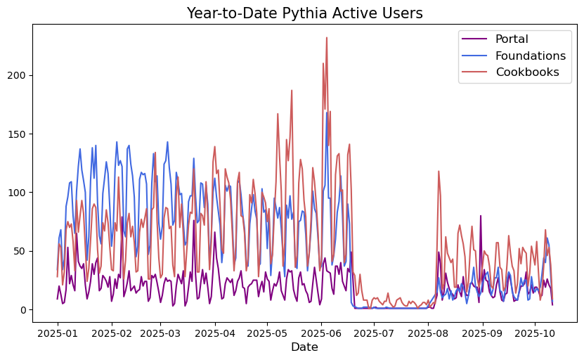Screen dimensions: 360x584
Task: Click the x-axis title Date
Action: [304, 347]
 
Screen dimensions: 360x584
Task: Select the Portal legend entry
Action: [512, 39]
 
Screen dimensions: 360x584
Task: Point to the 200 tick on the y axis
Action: [18, 75]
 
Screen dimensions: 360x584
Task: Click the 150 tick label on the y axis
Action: [18, 134]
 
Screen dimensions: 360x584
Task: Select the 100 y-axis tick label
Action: [18, 193]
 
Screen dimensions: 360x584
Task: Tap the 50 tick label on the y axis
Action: [21, 251]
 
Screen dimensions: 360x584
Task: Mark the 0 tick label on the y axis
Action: [24, 309]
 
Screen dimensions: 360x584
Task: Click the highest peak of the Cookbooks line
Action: [327, 38]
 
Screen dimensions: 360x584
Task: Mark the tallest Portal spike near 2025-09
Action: [481, 216]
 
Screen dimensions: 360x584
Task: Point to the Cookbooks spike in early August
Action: [439, 171]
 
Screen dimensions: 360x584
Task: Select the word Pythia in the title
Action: [313, 13]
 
